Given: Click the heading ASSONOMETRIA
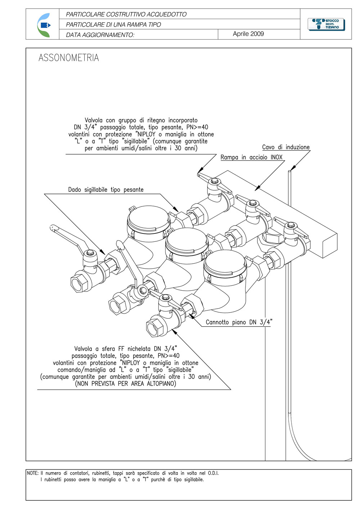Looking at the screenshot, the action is point(69,58).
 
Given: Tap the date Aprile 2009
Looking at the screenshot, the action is point(248,34).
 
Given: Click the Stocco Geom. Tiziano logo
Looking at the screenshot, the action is point(326,24).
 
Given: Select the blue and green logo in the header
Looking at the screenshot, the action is point(44,25).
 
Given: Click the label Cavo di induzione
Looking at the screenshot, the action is point(286,147).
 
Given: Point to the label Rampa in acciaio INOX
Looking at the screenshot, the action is point(251,157).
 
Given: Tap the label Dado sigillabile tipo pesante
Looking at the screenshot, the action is point(106,190).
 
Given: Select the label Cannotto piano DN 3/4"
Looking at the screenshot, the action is point(239,322).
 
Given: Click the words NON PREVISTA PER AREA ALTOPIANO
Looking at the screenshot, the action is point(126,384).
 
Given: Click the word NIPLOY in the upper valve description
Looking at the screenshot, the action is point(147,134).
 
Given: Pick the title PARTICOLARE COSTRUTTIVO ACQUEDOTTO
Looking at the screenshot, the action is point(126,14).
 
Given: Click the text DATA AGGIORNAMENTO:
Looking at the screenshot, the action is point(100,35).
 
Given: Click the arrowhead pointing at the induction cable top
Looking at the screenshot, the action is point(293,168).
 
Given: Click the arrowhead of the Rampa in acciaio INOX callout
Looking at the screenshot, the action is point(257,188).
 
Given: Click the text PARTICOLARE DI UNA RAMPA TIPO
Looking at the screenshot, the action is point(113,24).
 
